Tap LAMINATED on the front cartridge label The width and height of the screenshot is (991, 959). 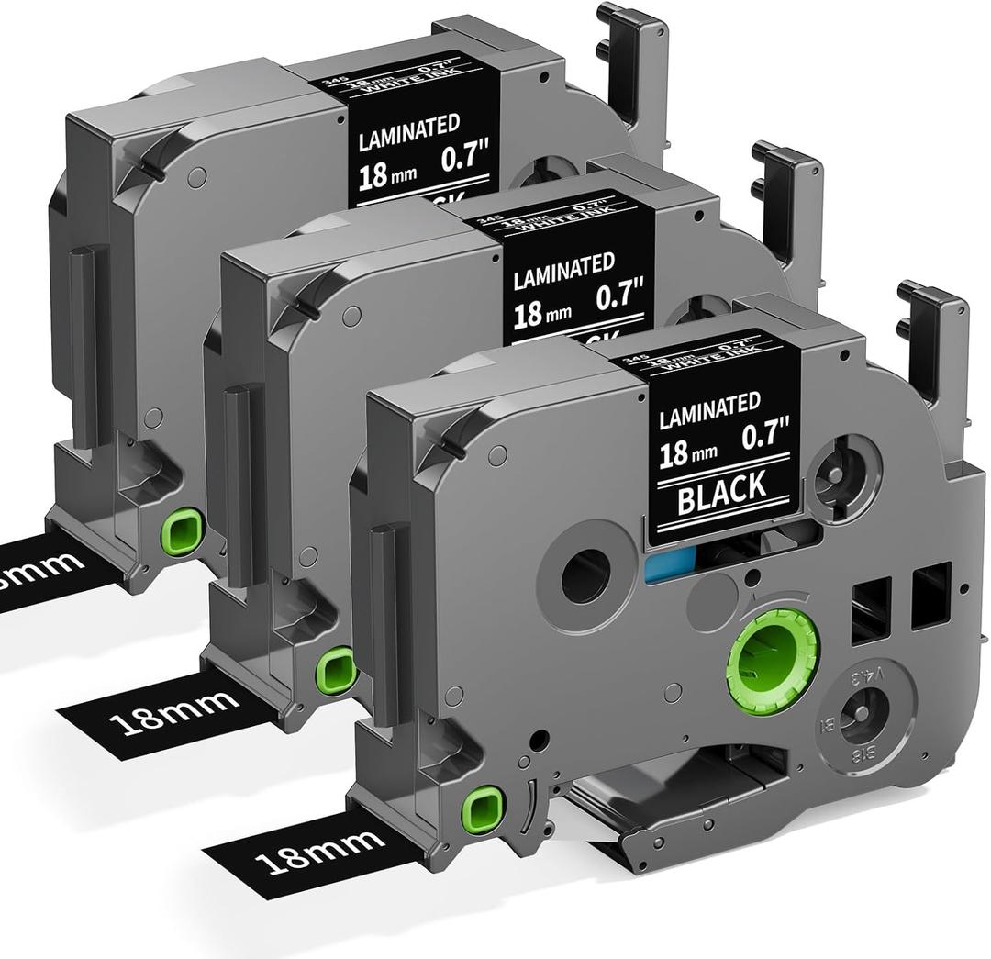pyautogui.click(x=710, y=406)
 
